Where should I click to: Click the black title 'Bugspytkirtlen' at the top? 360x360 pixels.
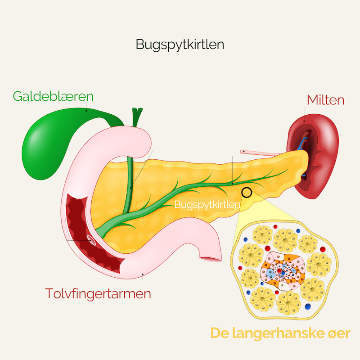(x=180, y=45)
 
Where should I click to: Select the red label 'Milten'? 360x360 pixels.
(x=326, y=100)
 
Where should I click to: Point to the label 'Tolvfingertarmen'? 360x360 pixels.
(x=98, y=294)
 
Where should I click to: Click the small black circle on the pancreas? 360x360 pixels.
(x=247, y=193)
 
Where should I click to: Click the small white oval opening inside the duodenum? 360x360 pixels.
(x=92, y=240)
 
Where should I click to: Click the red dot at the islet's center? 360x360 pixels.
(x=283, y=273)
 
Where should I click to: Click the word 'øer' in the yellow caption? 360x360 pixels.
(x=337, y=334)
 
